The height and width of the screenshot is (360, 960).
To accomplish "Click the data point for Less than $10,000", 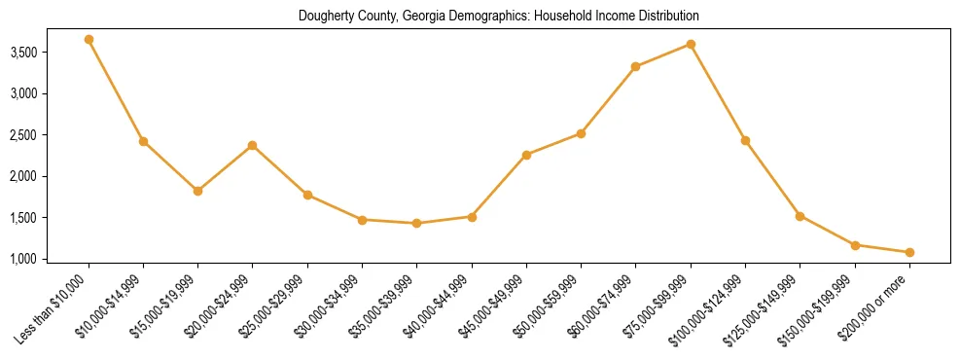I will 89,40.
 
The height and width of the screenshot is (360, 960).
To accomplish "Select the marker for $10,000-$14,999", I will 143,142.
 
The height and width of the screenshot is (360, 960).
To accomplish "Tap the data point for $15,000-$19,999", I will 197,191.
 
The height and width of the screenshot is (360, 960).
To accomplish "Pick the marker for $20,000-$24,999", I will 253,146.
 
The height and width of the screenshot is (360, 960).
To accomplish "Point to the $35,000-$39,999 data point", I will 417,224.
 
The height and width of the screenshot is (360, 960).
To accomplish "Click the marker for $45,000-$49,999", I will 526,155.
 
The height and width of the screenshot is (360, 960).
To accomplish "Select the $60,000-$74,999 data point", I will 636,67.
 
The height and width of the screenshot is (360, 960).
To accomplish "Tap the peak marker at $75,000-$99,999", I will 691,45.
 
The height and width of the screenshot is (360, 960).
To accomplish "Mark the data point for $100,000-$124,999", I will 745,141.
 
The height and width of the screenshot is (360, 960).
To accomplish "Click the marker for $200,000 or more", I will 909,253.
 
